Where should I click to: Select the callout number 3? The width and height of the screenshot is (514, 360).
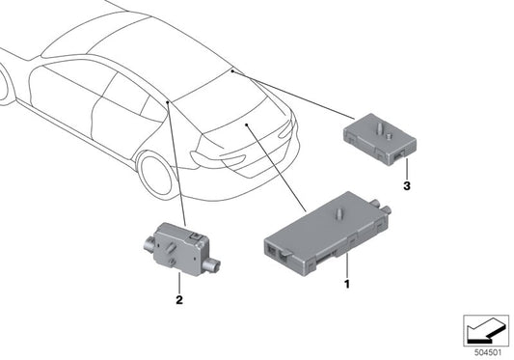click(x=408, y=184)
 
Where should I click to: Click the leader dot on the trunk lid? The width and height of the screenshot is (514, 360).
click(x=248, y=125)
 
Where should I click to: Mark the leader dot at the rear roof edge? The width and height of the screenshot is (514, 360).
click(x=232, y=70)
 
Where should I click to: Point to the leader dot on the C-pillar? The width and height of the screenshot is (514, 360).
click(x=168, y=99)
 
